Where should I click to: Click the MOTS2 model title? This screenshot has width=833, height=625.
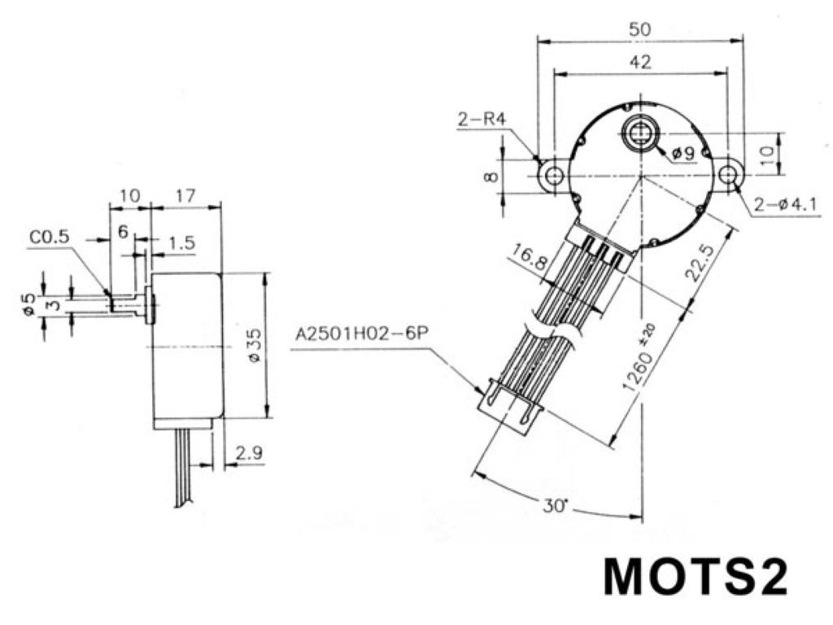(x=696, y=577)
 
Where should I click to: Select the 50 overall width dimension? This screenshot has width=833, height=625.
(x=639, y=28)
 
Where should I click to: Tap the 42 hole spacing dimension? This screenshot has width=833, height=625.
(x=640, y=62)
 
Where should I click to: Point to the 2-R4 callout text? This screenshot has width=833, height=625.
(x=481, y=119)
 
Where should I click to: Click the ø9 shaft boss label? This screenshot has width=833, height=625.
(x=683, y=154)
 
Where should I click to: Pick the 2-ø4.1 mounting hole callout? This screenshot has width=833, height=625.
(x=786, y=204)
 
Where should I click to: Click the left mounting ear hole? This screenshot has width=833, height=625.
(x=554, y=174)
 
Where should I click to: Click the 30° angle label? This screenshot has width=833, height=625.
(x=555, y=505)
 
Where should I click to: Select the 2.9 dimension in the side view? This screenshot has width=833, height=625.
(x=249, y=453)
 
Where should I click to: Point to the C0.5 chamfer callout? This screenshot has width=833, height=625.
(x=50, y=238)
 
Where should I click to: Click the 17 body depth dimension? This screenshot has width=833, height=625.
(x=185, y=196)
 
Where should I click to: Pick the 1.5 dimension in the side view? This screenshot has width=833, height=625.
(x=182, y=243)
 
